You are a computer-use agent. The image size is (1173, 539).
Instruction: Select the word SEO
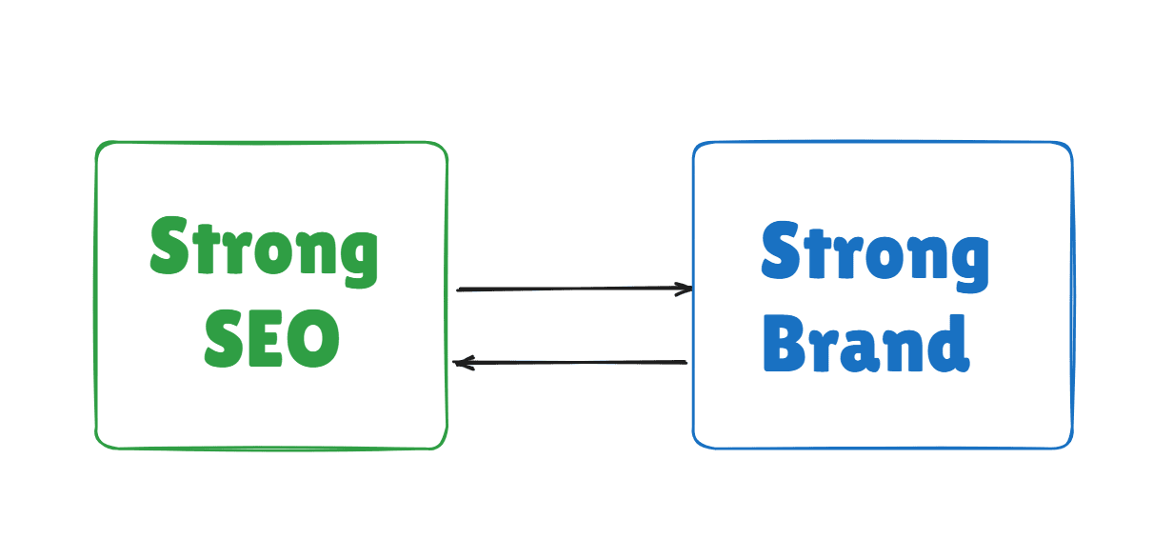(272, 338)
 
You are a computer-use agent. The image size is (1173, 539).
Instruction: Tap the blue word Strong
(875, 253)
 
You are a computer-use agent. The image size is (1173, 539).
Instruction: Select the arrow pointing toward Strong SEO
(571, 363)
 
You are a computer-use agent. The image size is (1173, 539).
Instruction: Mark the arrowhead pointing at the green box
(462, 363)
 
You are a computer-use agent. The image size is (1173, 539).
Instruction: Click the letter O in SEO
(314, 339)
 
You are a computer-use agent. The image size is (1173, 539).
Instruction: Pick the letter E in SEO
(271, 339)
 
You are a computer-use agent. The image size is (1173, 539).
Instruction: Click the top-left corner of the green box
(99, 147)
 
